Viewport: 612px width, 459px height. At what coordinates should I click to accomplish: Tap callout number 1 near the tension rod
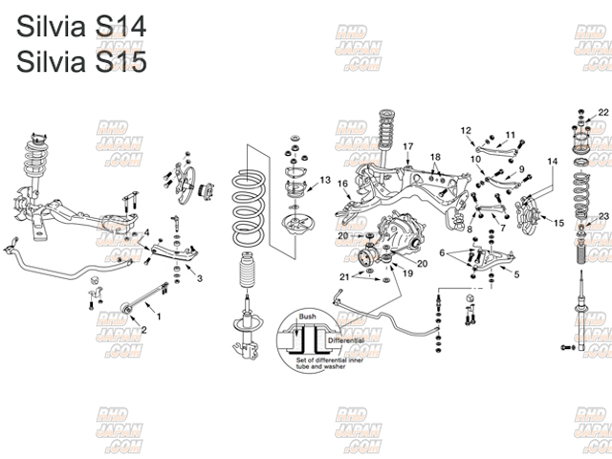point(158,316)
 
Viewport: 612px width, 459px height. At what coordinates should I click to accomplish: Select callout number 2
point(143,330)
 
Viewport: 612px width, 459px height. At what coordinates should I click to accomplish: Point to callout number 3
point(200,278)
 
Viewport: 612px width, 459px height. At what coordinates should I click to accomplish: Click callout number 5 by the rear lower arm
point(516,274)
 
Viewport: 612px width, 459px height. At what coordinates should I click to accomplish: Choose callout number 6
point(442,252)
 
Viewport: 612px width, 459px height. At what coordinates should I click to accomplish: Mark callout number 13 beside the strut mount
point(326,180)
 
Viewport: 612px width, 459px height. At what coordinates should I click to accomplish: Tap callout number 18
point(434,156)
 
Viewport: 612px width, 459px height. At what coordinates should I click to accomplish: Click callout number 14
point(551,162)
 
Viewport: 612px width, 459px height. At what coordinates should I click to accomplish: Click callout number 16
point(342,184)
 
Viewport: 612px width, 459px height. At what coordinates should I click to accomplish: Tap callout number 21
point(343,276)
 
